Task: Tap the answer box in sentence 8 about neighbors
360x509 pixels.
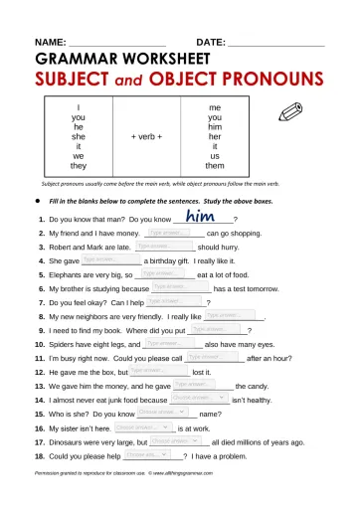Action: coord(226,314)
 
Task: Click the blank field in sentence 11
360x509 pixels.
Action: coord(215,355)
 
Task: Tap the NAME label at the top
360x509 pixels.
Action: coord(50,43)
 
